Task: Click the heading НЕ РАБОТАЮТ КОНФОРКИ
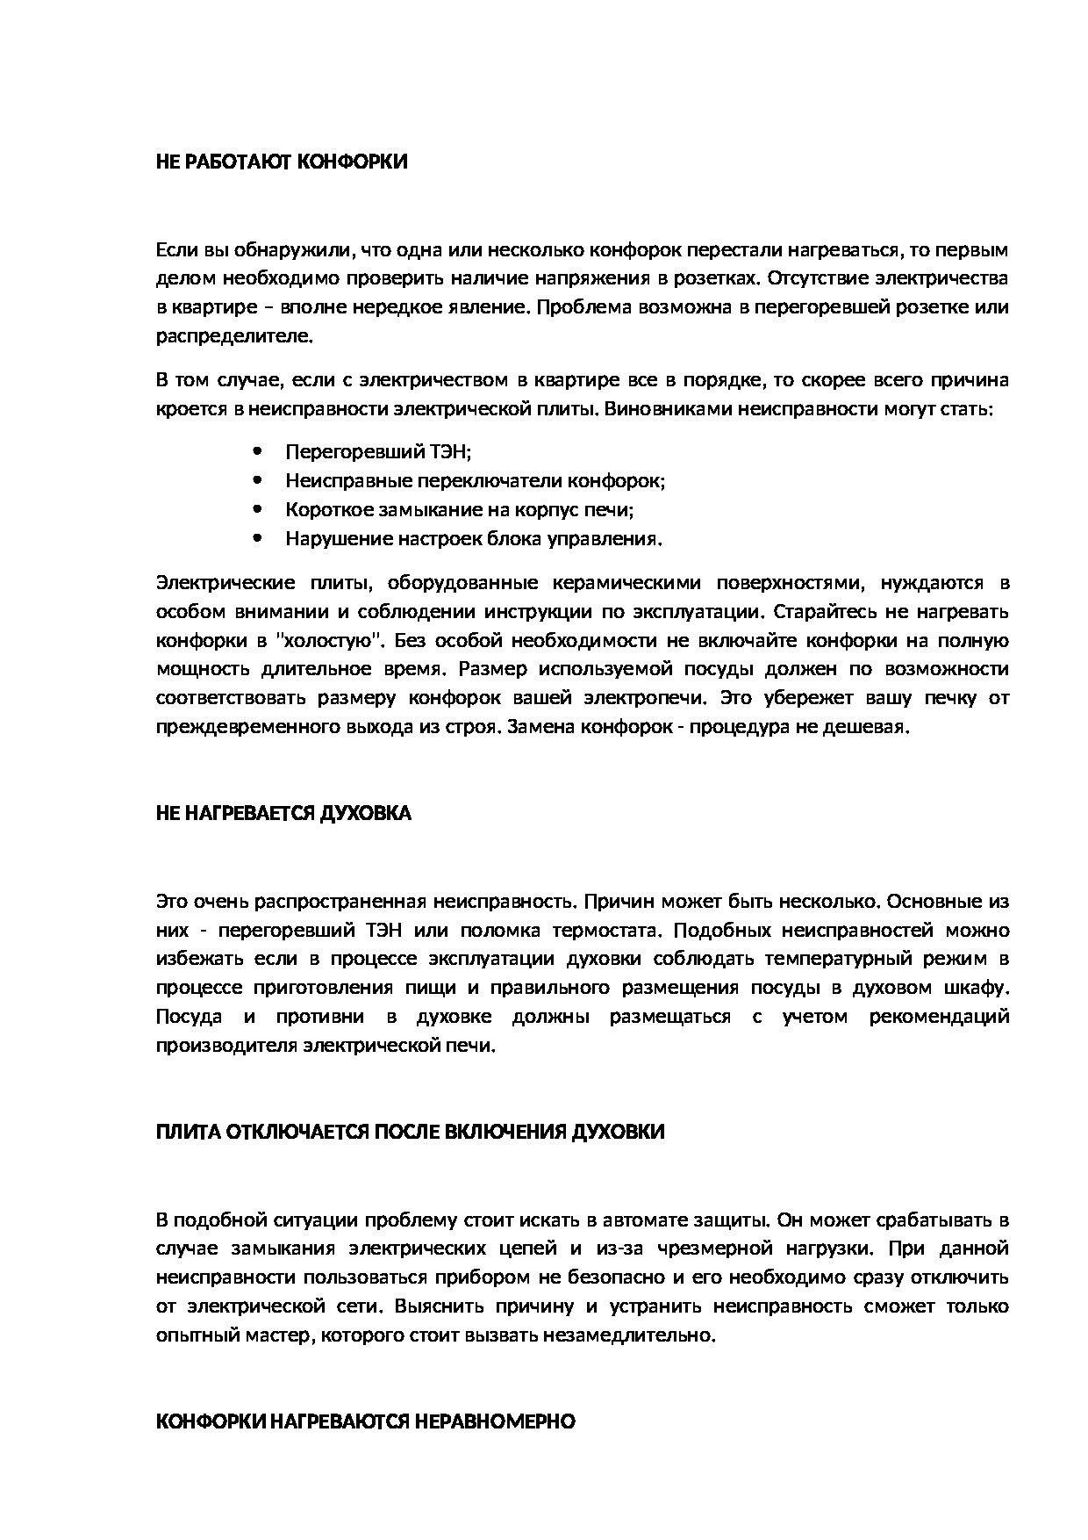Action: [282, 162]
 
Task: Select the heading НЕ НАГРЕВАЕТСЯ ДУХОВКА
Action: [283, 813]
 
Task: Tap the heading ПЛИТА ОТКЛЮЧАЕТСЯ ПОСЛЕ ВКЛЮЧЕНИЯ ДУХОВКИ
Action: [410, 1132]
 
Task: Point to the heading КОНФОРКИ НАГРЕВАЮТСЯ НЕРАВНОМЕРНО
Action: [365, 1421]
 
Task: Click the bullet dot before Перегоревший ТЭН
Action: [256, 452]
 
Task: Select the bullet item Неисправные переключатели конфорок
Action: [475, 481]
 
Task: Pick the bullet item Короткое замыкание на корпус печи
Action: [459, 510]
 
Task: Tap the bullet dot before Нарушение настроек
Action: [256, 538]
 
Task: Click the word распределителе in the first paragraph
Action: [233, 336]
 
